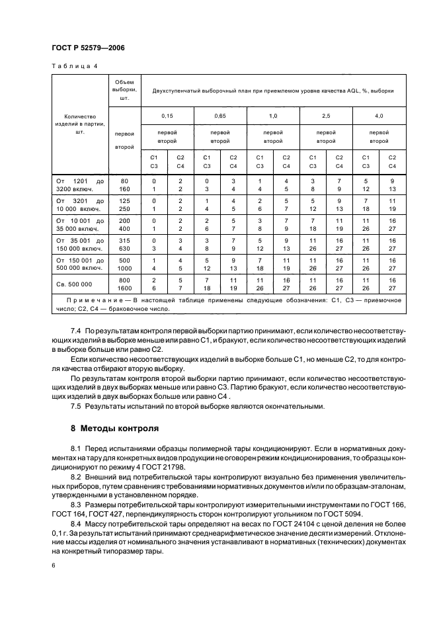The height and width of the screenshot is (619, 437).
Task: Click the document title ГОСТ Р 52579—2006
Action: [88, 48]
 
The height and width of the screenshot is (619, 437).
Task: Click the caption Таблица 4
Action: [73, 67]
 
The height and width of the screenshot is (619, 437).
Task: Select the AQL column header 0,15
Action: [167, 116]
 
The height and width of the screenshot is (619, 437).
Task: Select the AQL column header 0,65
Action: [220, 116]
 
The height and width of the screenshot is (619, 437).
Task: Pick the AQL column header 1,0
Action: [273, 116]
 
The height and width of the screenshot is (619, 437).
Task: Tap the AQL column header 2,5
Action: [326, 116]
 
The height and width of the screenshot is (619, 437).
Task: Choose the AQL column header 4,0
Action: [379, 116]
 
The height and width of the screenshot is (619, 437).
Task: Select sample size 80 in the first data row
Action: [124, 180]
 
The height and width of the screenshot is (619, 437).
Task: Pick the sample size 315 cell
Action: [124, 241]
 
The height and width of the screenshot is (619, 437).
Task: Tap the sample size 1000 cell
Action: [124, 269]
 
